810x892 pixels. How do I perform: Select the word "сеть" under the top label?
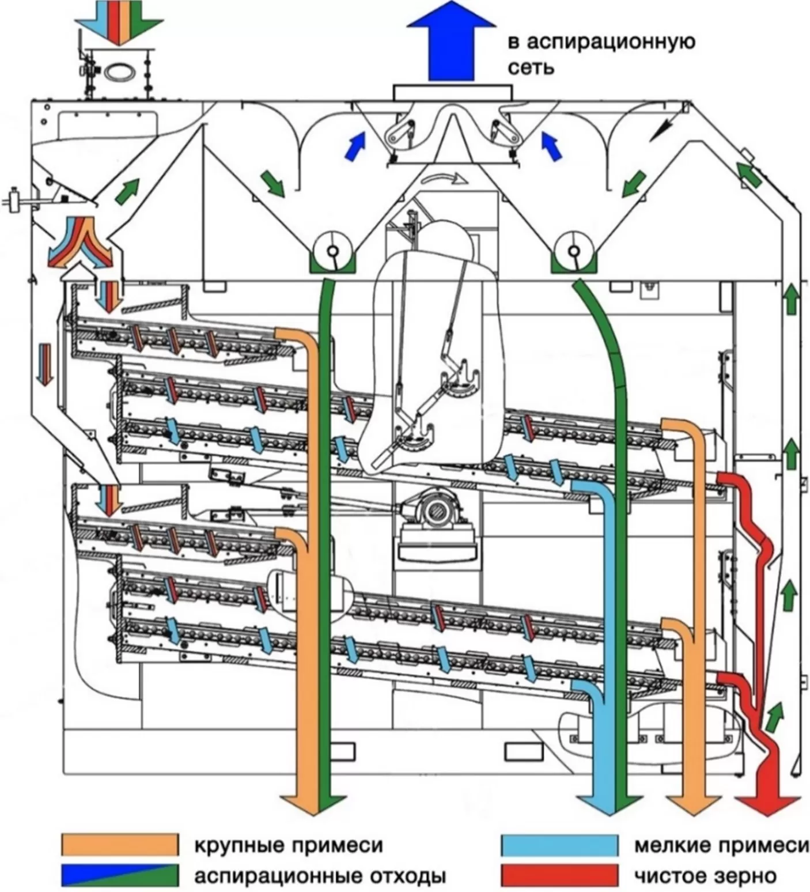coord(530,67)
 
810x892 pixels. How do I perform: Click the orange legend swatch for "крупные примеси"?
coord(120,845)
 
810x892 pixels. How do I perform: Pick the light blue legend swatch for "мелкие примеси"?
coord(559,845)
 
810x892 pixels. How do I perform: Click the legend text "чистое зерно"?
coord(705,876)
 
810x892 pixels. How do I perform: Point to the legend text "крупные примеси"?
coord(289,845)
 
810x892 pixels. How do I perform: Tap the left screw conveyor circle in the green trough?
coord(333,251)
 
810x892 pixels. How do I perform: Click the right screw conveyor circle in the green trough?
coord(573,251)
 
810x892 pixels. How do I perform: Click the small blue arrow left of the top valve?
coord(355,146)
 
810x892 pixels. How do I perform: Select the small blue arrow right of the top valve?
coord(551,146)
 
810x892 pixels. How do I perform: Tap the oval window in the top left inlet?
coord(119,70)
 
